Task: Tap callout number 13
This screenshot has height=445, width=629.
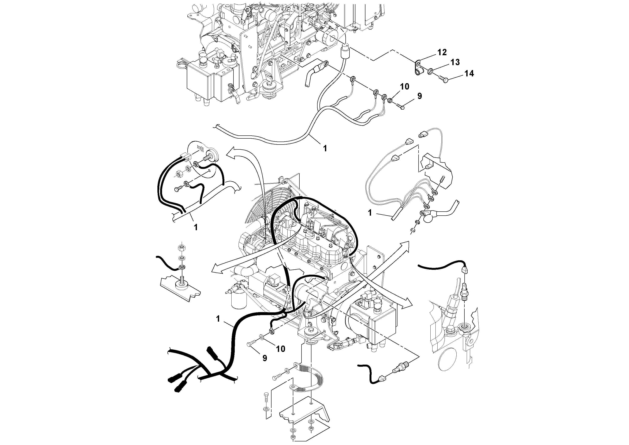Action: (x=455, y=62)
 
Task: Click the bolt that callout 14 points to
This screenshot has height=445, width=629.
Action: (x=444, y=80)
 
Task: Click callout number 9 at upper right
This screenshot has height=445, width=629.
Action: (x=419, y=96)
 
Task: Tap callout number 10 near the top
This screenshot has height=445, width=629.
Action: (x=404, y=87)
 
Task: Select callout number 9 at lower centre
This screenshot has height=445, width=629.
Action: (x=265, y=358)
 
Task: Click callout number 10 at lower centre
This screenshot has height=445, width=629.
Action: (x=281, y=349)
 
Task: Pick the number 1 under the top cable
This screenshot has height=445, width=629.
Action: (x=325, y=148)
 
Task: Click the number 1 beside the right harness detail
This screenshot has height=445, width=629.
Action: (x=370, y=213)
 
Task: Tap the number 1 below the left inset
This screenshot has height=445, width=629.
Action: (x=196, y=227)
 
